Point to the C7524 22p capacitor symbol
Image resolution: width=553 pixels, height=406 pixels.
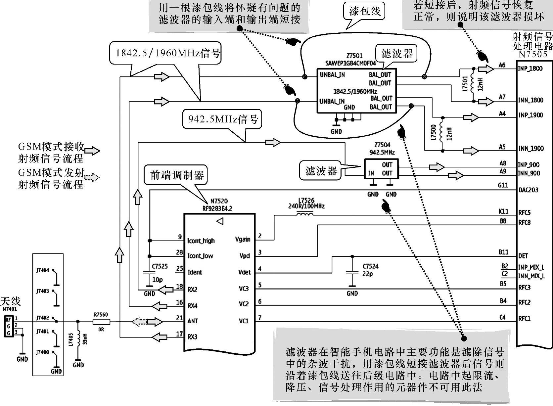tap(352, 273)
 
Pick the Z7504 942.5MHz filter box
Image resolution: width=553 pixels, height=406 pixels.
tap(381, 169)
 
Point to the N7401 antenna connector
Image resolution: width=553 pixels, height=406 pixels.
tap(9, 326)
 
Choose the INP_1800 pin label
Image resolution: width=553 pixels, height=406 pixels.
tap(530, 68)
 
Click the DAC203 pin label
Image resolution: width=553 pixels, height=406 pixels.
tap(528, 190)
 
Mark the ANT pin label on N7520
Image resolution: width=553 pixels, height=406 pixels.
tap(193, 321)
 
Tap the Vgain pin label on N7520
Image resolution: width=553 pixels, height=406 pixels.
tap(243, 239)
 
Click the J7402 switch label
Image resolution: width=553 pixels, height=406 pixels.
tap(42, 318)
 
